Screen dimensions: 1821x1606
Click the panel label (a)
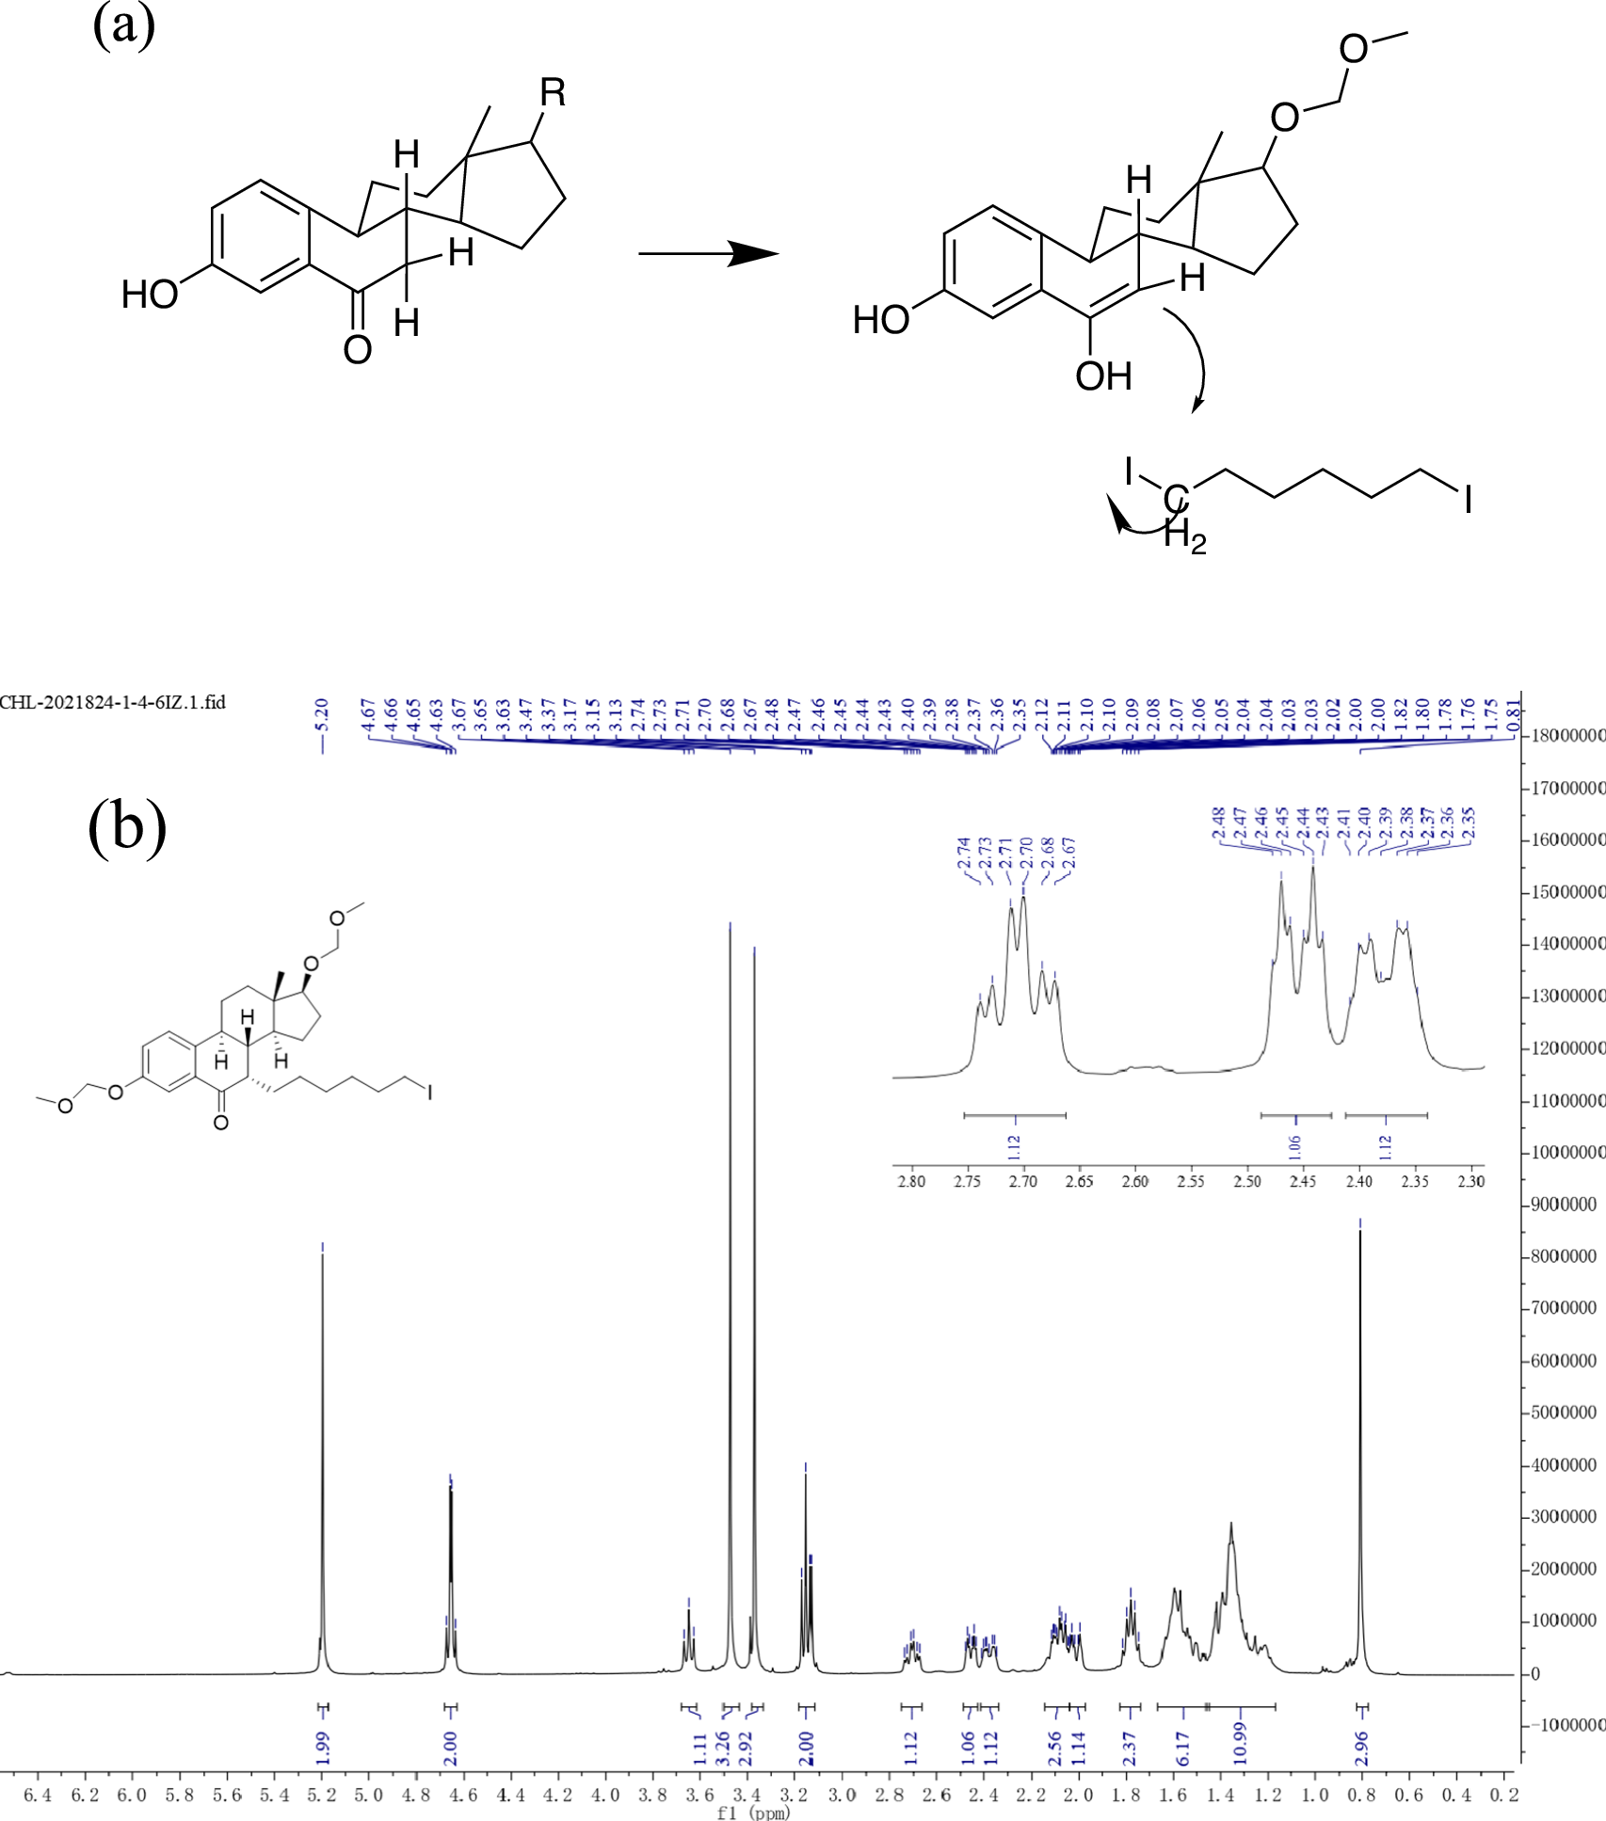(123, 26)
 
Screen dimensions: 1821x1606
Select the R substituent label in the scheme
(553, 93)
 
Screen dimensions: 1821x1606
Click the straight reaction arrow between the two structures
(708, 253)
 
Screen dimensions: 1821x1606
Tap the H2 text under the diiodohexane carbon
(1184, 537)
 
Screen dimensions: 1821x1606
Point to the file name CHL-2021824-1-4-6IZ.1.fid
(113, 702)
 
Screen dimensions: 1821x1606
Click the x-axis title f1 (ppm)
(753, 1813)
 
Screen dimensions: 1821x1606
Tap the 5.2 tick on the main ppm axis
(322, 1796)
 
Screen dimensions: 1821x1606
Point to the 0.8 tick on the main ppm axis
(1361, 1796)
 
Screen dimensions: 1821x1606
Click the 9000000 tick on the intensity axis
(1563, 1205)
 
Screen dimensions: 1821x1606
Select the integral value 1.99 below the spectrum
(323, 1748)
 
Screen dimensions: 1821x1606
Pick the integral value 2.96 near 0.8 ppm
(1361, 1748)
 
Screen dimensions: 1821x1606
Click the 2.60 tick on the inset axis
(1134, 1181)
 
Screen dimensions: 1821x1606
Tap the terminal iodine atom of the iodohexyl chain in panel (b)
(429, 1092)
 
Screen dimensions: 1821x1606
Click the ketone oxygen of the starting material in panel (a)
(357, 350)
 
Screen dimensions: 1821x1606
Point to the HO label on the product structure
(880, 320)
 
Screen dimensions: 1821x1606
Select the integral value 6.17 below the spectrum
(1183, 1748)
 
